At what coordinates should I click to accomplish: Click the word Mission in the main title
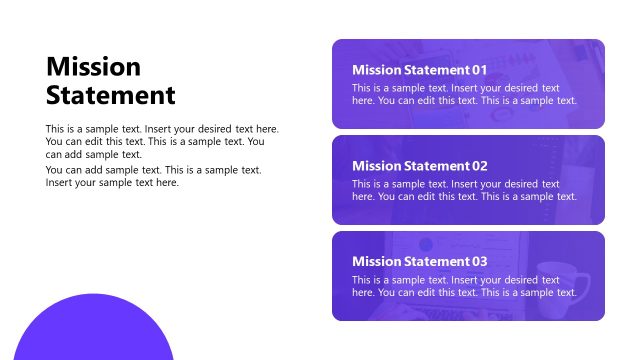coord(93,67)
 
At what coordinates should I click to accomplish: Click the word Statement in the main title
coord(111,96)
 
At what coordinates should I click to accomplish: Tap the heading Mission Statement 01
coord(420,70)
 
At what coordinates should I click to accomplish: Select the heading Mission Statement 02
coord(420,166)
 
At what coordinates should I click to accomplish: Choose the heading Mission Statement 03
coord(420,262)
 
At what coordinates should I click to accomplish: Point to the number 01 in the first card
coord(479,70)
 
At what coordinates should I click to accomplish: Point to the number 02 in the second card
coord(479,166)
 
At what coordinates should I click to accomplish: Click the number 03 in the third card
coord(479,262)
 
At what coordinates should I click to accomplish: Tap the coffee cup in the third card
coord(549,281)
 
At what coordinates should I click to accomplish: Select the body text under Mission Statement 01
coord(464,94)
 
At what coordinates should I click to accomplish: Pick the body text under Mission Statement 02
coord(464,190)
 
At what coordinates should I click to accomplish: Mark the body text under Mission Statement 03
coord(464,286)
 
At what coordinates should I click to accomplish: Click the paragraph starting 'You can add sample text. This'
coord(153,176)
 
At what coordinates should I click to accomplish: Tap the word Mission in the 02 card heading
coord(377,166)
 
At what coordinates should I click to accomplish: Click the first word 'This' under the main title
coord(56,129)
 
